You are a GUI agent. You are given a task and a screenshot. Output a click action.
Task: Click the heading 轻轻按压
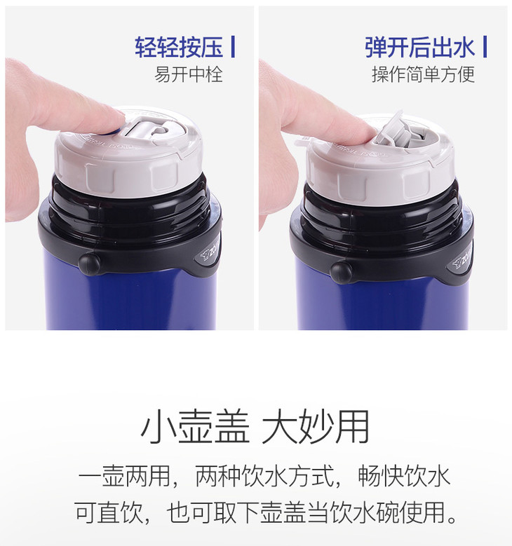179,47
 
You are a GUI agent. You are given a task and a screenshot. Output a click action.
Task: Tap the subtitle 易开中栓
189,74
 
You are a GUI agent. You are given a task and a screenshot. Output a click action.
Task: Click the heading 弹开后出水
419,47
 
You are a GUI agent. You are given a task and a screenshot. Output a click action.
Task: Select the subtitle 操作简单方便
423,74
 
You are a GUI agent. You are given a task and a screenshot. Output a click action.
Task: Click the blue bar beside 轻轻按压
233,47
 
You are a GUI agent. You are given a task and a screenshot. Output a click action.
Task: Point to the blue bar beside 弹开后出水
485,47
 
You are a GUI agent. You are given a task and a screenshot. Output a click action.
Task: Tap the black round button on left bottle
89,264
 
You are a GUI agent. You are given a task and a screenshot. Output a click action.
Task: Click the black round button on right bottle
342,272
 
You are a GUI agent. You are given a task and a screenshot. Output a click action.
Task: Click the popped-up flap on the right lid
391,129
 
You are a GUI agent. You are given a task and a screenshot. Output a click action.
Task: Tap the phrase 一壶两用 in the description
124,476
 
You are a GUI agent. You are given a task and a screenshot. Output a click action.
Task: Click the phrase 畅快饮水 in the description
404,476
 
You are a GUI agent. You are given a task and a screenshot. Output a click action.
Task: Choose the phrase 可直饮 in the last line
109,512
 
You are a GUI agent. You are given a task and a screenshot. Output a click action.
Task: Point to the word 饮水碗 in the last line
365,512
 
